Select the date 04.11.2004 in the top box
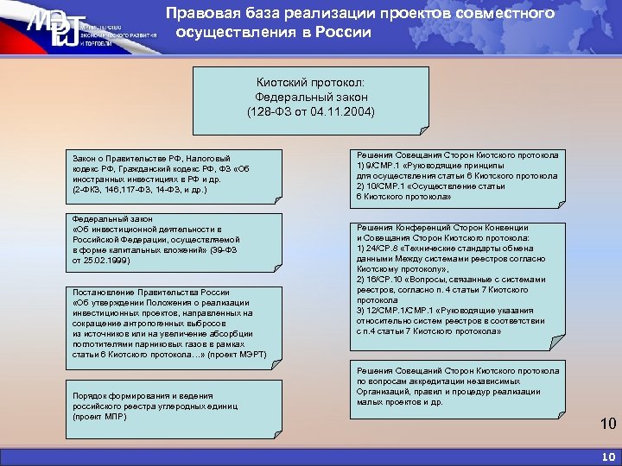pos(341,113)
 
